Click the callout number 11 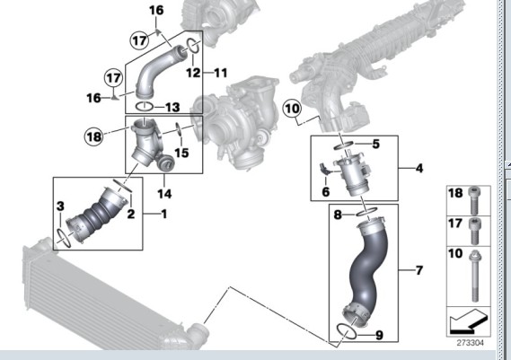tap(220, 73)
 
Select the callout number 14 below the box tap(164, 194)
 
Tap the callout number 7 tap(419, 270)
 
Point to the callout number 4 tap(419, 169)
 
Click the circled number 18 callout tap(94, 136)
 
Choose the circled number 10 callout tap(292, 109)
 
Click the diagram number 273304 tap(470, 343)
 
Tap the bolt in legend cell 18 tap(475, 200)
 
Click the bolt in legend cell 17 tap(475, 231)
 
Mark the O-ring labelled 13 tap(144, 106)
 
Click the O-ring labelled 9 tap(347, 332)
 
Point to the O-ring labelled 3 tap(65, 238)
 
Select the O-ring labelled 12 tap(193, 47)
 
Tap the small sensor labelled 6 tap(326, 169)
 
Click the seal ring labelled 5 tap(343, 145)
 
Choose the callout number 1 tap(164, 214)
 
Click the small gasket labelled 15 tap(179, 128)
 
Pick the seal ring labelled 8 tap(367, 212)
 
